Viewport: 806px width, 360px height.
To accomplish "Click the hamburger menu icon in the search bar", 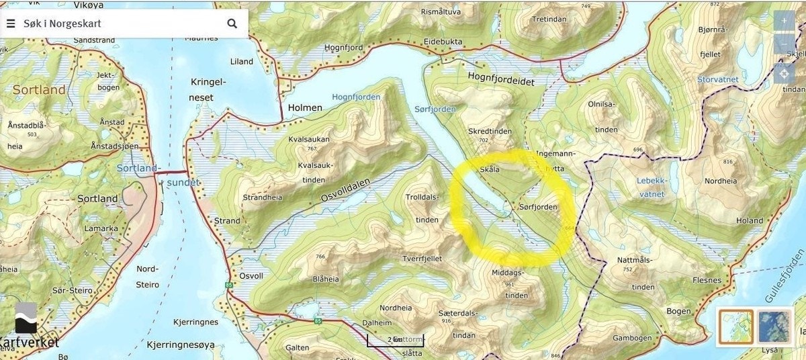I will coord(11,24).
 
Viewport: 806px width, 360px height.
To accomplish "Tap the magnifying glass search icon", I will coord(232,24).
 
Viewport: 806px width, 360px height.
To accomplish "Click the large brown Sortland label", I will coord(39,90).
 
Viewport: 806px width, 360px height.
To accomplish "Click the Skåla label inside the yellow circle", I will coord(489,170).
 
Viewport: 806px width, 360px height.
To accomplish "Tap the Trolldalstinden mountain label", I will coord(422,208).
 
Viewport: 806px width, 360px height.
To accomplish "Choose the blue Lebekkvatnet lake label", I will coord(651,187).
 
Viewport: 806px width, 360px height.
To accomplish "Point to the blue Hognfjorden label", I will coord(356,97).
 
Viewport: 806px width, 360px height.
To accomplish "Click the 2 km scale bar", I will coord(395,341).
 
